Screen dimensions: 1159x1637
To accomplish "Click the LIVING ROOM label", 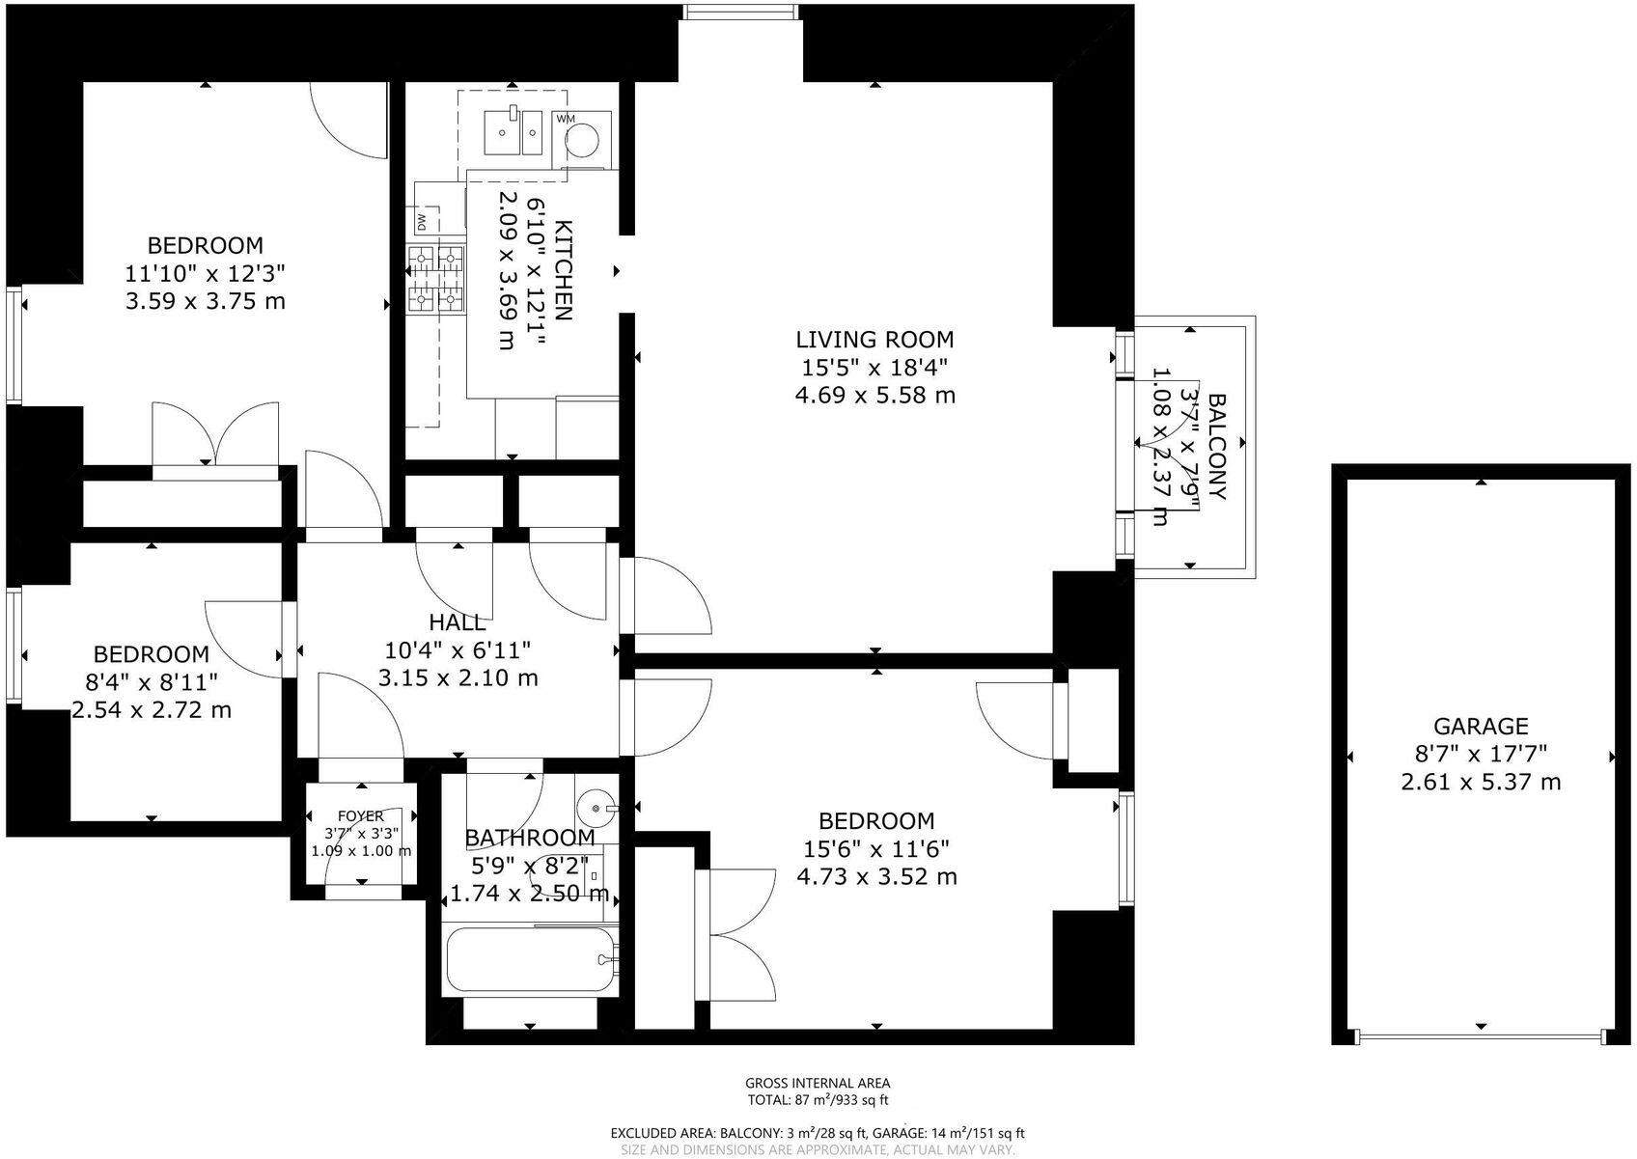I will pyautogui.click(x=874, y=340).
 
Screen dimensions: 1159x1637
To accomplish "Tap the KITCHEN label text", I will pyautogui.click(x=563, y=271).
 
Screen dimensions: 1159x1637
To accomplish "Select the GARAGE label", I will pyautogui.click(x=1481, y=727).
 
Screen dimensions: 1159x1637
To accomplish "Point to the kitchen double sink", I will pyautogui.click(x=513, y=131).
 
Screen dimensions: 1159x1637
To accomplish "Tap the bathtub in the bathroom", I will pyautogui.click(x=531, y=961).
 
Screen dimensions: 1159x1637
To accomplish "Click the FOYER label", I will pyautogui.click(x=360, y=816).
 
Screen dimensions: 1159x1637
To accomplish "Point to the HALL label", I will pyautogui.click(x=458, y=623).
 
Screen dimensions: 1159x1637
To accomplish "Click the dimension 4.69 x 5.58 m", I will pyautogui.click(x=874, y=395).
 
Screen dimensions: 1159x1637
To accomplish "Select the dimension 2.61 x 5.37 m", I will pyautogui.click(x=1481, y=782).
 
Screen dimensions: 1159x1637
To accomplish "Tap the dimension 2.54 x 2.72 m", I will pyautogui.click(x=152, y=710).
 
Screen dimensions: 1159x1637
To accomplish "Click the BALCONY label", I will pyautogui.click(x=1216, y=446).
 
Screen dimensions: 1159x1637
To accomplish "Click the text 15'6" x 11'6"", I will pyautogui.click(x=876, y=848).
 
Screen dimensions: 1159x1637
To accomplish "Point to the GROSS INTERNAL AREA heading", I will pyautogui.click(x=818, y=1084).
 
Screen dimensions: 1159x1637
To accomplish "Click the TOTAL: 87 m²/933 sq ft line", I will pyautogui.click(x=818, y=1100).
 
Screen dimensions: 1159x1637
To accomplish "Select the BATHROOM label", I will pyautogui.click(x=530, y=838).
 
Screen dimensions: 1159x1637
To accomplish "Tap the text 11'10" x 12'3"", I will pyautogui.click(x=206, y=273).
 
